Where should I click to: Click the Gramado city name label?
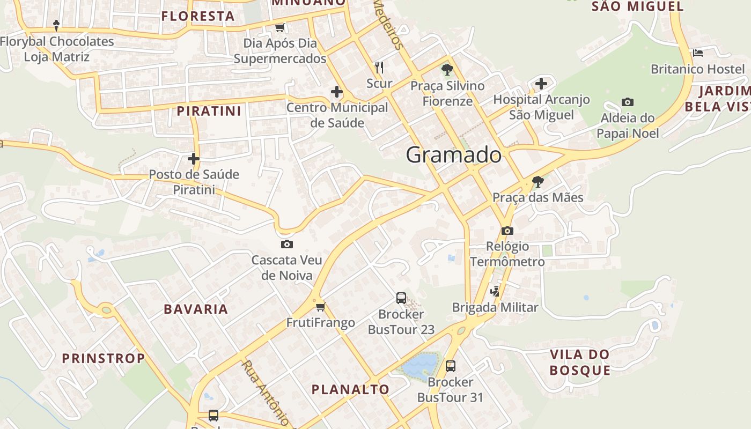(x=454, y=156)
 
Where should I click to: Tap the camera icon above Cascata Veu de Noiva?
(x=287, y=245)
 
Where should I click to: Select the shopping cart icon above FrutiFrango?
(x=320, y=307)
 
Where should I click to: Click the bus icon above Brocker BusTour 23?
(x=401, y=298)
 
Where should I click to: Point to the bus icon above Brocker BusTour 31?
(x=450, y=366)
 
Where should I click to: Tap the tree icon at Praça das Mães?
(x=538, y=182)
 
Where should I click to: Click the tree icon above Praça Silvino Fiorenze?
(x=447, y=70)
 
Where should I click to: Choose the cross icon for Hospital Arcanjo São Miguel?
(x=541, y=84)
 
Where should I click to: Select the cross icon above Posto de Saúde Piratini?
(x=194, y=159)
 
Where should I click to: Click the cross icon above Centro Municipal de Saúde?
(x=337, y=92)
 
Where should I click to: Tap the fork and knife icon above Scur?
(x=379, y=67)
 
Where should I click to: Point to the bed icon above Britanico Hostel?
(x=697, y=53)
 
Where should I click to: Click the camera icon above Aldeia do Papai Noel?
(x=627, y=102)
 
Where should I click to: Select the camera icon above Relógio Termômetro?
(x=507, y=231)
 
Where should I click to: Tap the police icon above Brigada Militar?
(x=495, y=292)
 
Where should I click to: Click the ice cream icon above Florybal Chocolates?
(x=56, y=25)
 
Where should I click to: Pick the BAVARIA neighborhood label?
(x=196, y=309)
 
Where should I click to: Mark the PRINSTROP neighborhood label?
(x=104, y=358)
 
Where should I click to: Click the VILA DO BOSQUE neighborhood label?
(x=580, y=363)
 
